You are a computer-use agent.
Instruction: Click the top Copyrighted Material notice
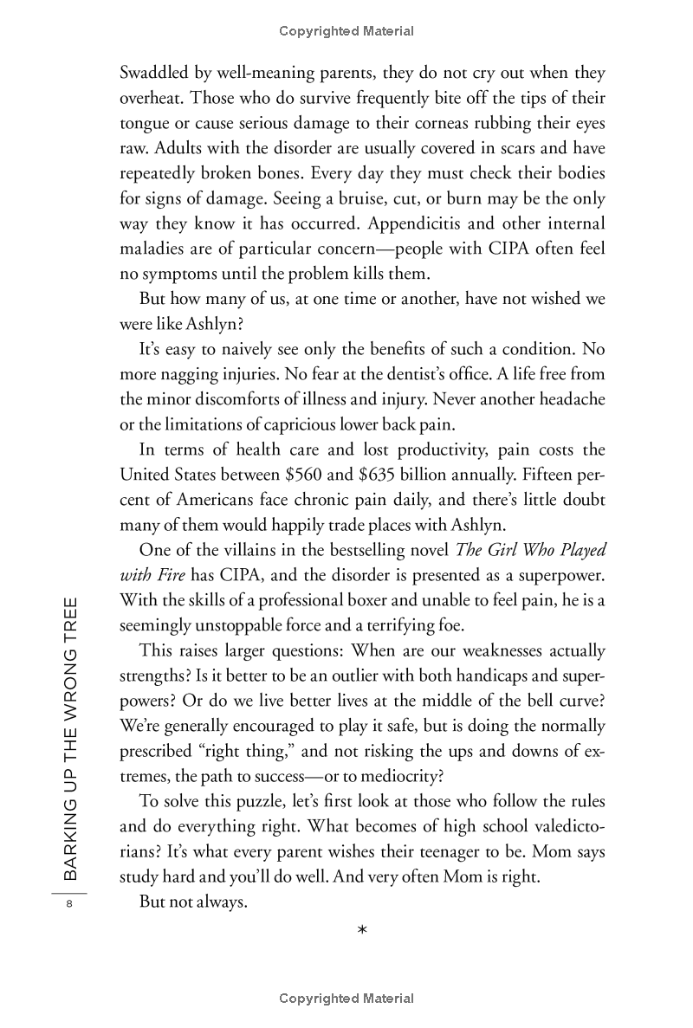[346, 31]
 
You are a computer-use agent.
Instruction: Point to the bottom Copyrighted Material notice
[346, 999]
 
